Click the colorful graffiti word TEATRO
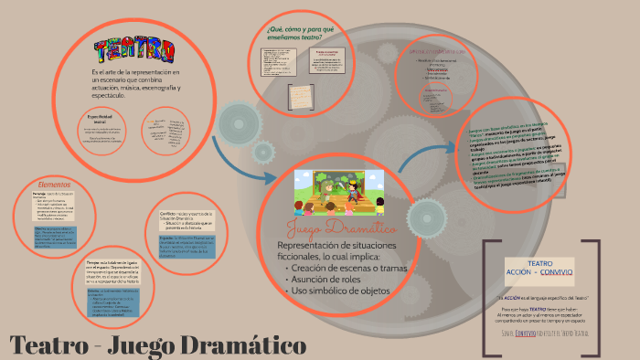(x=134, y=48)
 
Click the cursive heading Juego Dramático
(x=340, y=228)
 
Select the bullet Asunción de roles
(x=325, y=278)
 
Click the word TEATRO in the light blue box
(x=540, y=262)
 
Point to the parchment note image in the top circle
(x=300, y=93)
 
